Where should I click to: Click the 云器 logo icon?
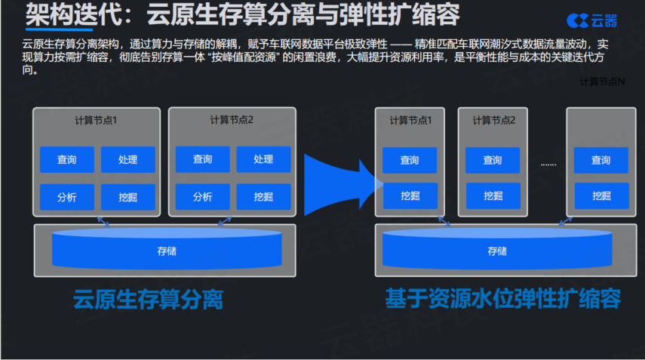click(x=578, y=20)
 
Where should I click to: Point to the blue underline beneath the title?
click(x=60, y=29)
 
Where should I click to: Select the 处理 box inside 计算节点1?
click(x=128, y=160)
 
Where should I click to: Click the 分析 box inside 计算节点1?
click(x=67, y=198)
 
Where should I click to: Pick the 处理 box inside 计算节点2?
click(x=264, y=159)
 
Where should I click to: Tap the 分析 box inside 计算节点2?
click(x=203, y=197)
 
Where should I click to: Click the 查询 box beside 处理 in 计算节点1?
click(x=67, y=160)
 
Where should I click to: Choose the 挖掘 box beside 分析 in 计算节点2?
click(x=264, y=197)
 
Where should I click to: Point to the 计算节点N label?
click(x=602, y=82)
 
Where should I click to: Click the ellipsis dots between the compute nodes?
click(x=548, y=165)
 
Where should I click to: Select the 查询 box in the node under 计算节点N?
click(x=601, y=160)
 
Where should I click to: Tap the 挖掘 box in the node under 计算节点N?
click(x=601, y=195)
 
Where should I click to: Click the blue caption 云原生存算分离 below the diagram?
click(x=148, y=299)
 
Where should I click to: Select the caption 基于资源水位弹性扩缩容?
click(x=502, y=298)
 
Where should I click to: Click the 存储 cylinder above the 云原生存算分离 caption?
click(x=167, y=250)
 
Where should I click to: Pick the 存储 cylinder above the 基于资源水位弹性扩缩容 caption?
click(x=497, y=250)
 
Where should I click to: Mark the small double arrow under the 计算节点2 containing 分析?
click(x=225, y=221)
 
